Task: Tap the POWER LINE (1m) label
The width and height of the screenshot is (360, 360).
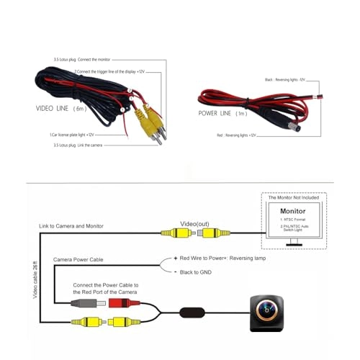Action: point(225,113)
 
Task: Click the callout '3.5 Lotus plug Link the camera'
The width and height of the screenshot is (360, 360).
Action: point(76,145)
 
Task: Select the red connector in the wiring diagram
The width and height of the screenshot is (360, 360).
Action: point(117,303)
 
